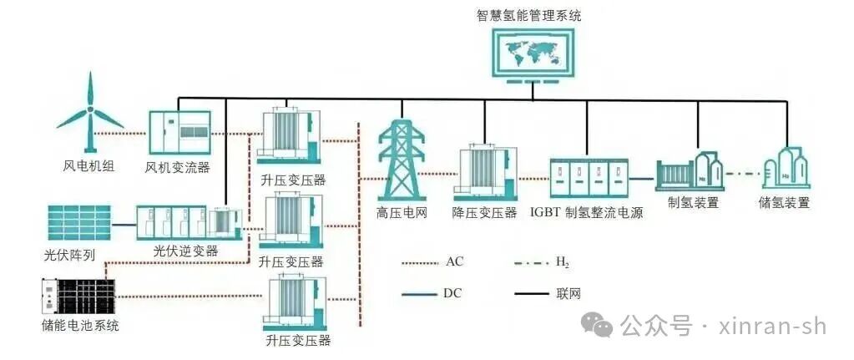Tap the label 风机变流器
point(177,167)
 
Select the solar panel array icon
point(78,223)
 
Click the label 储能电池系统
point(79,325)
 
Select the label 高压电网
point(402,212)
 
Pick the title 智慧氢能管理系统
point(529,15)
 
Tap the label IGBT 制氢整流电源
point(586,212)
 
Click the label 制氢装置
point(693,202)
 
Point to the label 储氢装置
point(785,202)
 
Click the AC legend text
point(454,261)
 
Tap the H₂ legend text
point(563,261)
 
